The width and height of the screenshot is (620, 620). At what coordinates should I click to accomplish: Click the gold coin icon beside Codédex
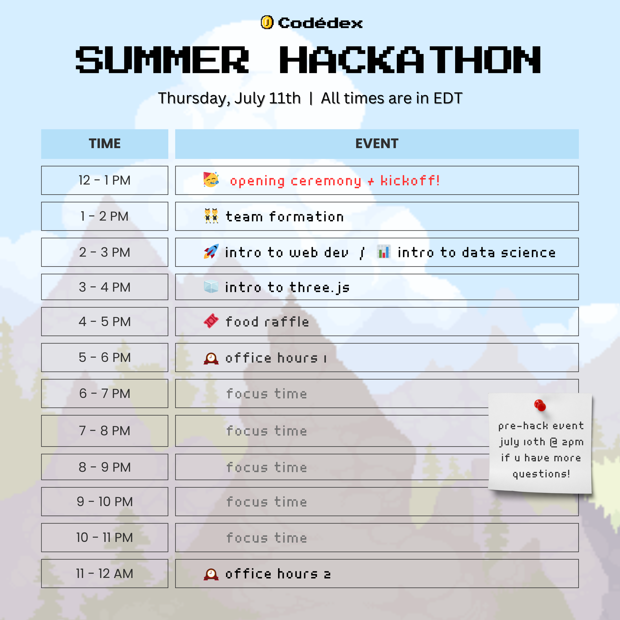point(267,23)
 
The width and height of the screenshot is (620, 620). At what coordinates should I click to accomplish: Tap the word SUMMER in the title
point(162,60)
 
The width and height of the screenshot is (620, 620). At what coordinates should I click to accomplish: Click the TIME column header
point(105,144)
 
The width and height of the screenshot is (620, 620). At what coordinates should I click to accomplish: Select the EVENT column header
point(377,144)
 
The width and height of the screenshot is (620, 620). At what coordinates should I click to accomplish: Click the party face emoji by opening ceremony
point(211,180)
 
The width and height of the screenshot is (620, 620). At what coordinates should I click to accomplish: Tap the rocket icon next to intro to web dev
point(211,252)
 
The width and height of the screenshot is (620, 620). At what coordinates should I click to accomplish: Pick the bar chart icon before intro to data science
point(384,252)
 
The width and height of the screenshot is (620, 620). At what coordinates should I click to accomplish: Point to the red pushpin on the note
point(540,405)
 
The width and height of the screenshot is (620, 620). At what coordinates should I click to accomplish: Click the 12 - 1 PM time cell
point(105,180)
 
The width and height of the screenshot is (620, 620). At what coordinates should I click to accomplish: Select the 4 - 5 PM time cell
point(105,321)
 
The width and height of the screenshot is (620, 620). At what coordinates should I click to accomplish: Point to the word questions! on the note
point(541,474)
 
